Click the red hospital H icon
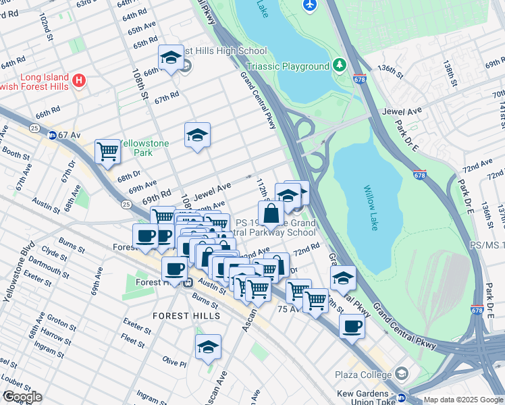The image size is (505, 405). (79, 81)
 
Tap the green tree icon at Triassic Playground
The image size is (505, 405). (339, 65)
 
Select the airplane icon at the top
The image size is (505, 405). (310, 5)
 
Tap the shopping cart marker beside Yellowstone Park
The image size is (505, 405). (107, 151)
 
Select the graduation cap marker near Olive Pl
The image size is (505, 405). (208, 347)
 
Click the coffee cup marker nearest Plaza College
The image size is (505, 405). (350, 327)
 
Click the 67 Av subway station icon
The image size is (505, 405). (52, 135)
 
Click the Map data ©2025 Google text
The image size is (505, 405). (463, 400)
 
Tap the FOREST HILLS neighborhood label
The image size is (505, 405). (186, 315)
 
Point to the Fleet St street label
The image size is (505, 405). (135, 338)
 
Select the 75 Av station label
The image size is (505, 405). (288, 308)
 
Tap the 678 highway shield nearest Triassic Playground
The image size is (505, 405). (359, 78)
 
